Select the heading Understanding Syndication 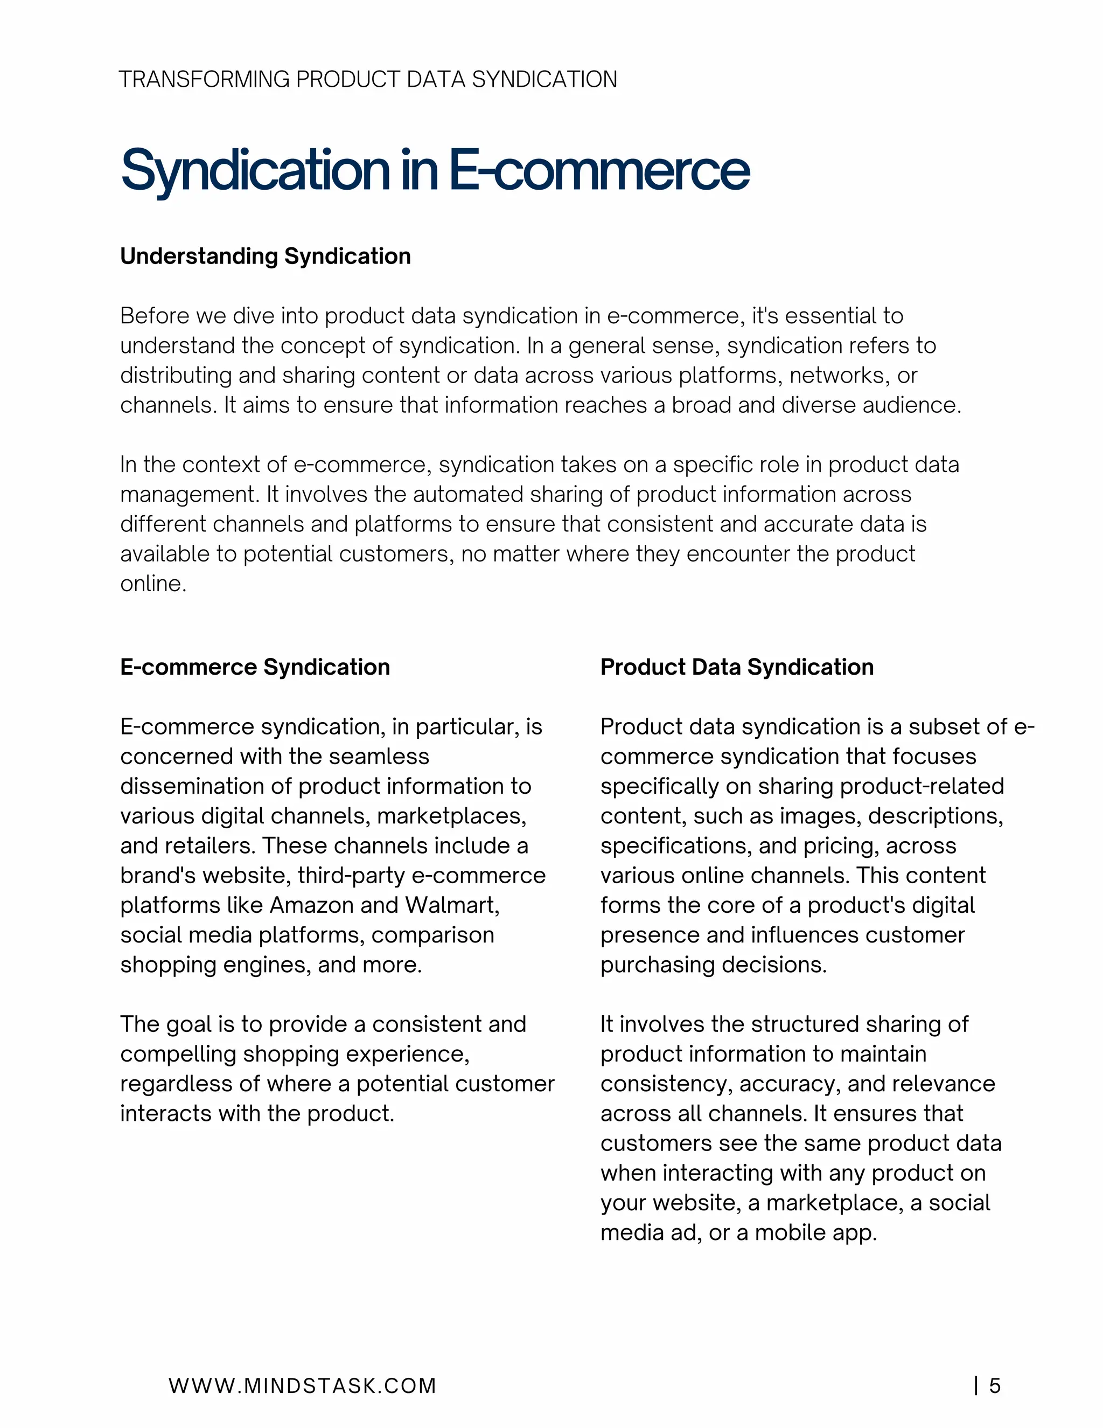(x=266, y=257)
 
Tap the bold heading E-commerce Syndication (x=255, y=667)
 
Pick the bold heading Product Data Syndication (x=736, y=667)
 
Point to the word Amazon (x=311, y=906)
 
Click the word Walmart (x=451, y=906)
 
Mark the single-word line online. (x=153, y=584)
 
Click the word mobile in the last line (x=791, y=1232)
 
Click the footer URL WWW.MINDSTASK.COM (x=302, y=1386)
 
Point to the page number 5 (x=995, y=1386)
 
